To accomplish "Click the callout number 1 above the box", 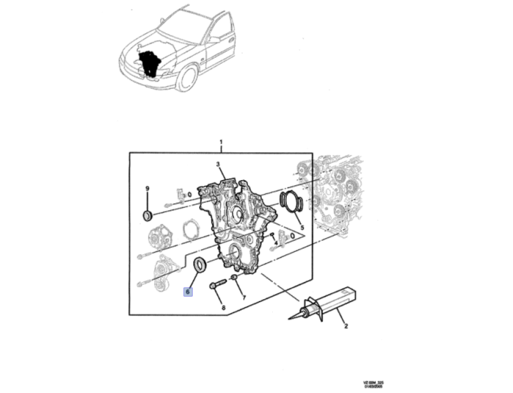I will pos(221,141).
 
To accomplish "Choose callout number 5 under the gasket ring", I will pos(302,227).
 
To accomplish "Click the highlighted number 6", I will pos(188,291).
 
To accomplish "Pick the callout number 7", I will pos(244,298).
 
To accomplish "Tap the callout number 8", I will pos(223,308).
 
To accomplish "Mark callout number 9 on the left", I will pos(147,189).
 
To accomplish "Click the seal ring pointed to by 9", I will pos(148,215).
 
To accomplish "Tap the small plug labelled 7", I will pos(233,279).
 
